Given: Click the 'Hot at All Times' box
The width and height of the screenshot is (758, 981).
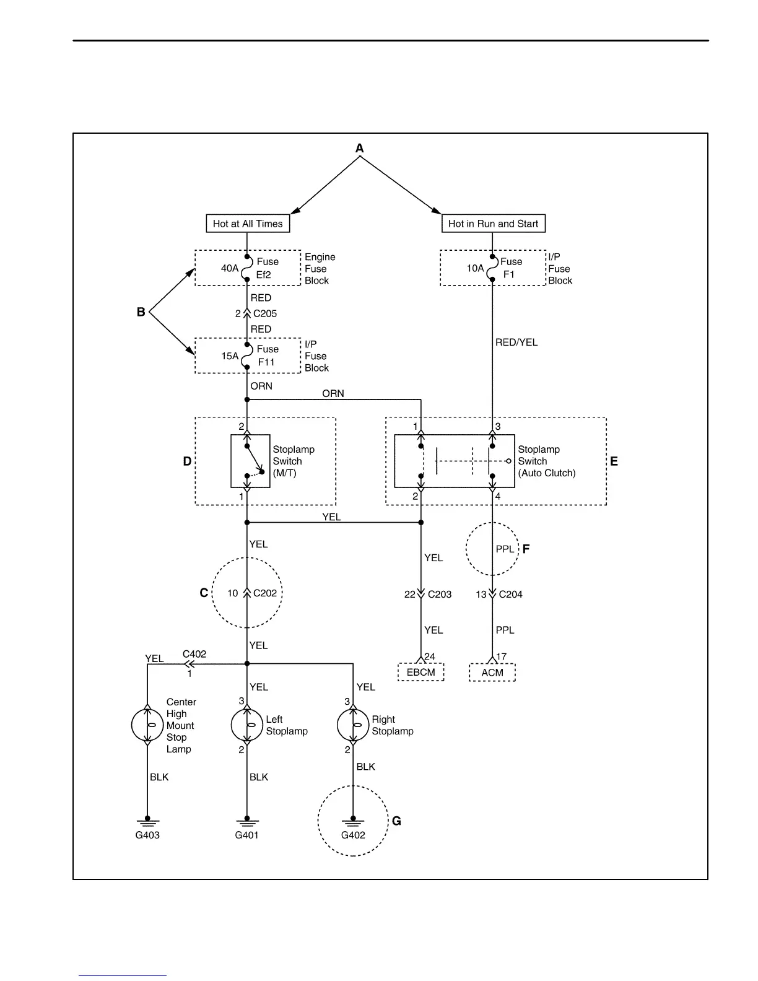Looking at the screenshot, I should pyautogui.click(x=248, y=224).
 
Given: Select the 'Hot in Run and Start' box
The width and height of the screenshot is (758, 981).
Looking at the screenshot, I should pyautogui.click(x=493, y=224).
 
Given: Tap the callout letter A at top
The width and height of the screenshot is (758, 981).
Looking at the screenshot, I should pyautogui.click(x=360, y=149).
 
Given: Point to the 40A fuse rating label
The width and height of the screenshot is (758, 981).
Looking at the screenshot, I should pyautogui.click(x=230, y=268).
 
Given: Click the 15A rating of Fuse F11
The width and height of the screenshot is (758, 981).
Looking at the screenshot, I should pyautogui.click(x=230, y=356).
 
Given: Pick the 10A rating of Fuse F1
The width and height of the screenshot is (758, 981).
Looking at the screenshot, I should pyautogui.click(x=475, y=268).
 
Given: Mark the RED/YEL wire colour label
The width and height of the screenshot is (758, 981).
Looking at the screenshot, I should pyautogui.click(x=516, y=342).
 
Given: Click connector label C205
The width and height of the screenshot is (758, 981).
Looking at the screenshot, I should pyautogui.click(x=265, y=313).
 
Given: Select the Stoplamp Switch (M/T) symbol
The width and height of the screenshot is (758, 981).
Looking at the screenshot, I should pyautogui.click(x=250, y=461).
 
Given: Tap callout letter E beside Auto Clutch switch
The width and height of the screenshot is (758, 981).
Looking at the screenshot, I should pyautogui.click(x=614, y=461).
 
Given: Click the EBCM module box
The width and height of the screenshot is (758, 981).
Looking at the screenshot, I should pyautogui.click(x=421, y=673).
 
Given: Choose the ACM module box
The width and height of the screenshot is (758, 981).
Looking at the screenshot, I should pyautogui.click(x=492, y=673).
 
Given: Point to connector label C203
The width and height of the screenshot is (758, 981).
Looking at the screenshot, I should pyautogui.click(x=440, y=595).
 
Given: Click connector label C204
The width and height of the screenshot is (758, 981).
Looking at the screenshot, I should pyautogui.click(x=511, y=595).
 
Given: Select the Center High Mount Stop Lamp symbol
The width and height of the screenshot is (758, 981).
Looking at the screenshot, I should pyautogui.click(x=147, y=725).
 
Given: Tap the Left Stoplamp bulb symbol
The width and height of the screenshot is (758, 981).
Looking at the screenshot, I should pyautogui.click(x=246, y=725).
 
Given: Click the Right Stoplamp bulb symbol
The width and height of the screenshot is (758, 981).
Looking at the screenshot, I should pyautogui.click(x=353, y=725).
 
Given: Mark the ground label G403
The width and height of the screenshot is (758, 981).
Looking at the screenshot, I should pyautogui.click(x=147, y=835).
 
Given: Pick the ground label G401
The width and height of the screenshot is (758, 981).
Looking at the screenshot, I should pyautogui.click(x=246, y=835).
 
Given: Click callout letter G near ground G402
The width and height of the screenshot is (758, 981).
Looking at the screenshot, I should pyautogui.click(x=397, y=821).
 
